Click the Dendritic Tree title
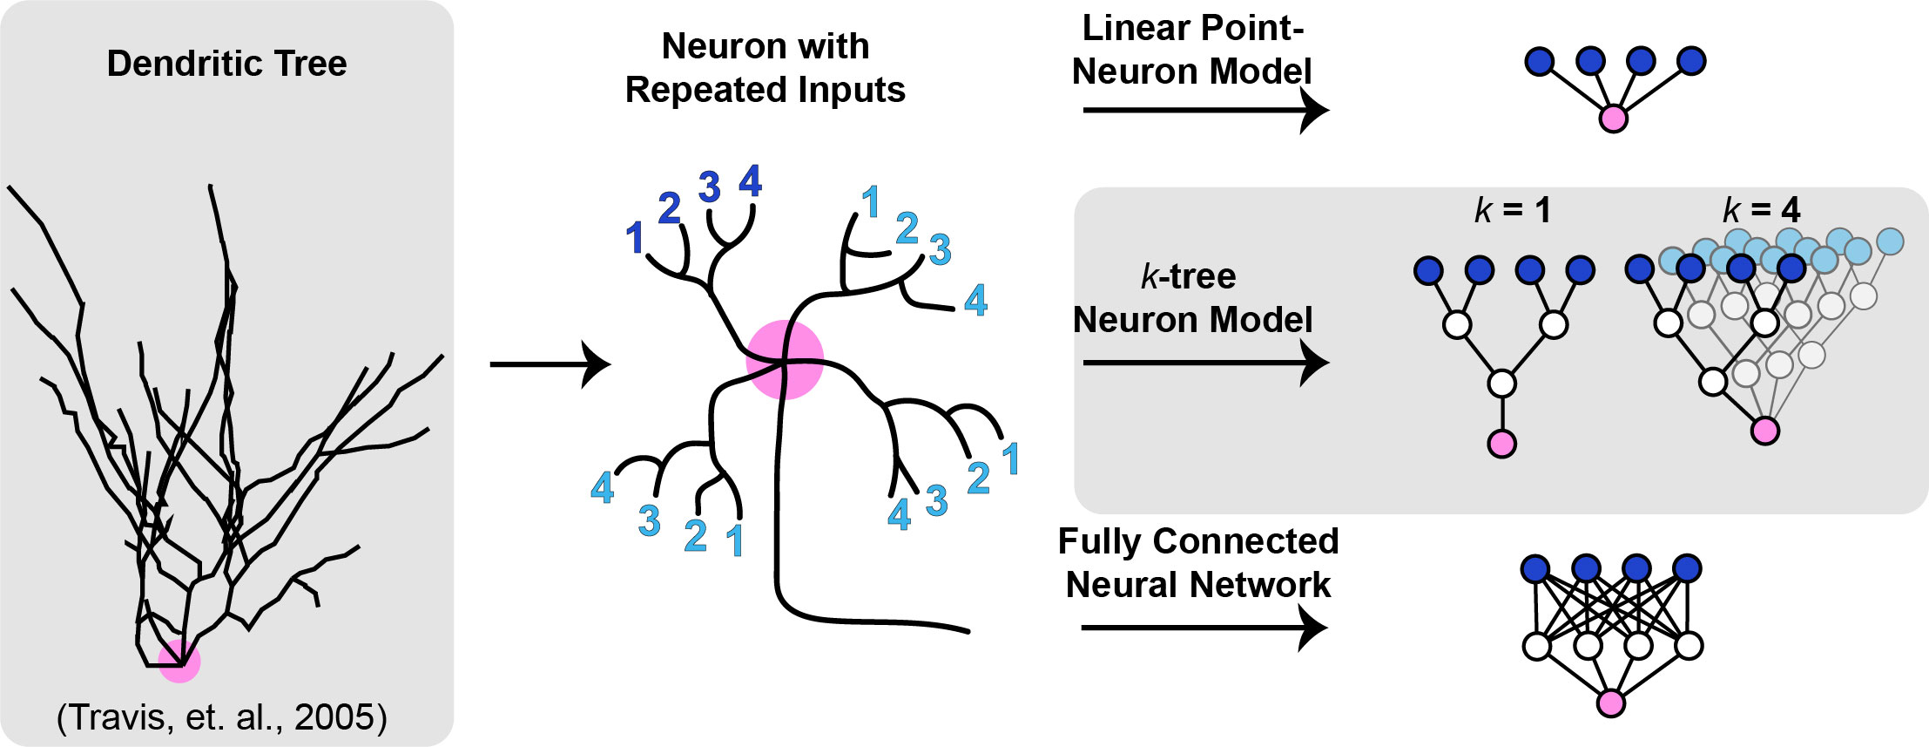point(226,64)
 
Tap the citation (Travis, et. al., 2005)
point(222,716)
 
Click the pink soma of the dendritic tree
point(179,662)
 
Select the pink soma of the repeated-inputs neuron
point(785,360)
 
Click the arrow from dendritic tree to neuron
point(550,364)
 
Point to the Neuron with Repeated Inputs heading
point(766,68)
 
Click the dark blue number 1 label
point(635,238)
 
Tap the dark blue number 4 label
point(750,181)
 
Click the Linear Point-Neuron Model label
point(1192,50)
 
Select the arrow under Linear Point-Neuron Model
point(1206,111)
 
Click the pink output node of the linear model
point(1614,119)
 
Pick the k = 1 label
point(1513,210)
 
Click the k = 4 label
point(1761,210)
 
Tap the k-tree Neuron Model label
point(1192,298)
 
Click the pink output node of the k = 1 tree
point(1502,444)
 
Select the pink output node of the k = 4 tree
point(1765,431)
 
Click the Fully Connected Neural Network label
point(1198,563)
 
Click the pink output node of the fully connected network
point(1611,703)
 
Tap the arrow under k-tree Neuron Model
point(1206,363)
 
